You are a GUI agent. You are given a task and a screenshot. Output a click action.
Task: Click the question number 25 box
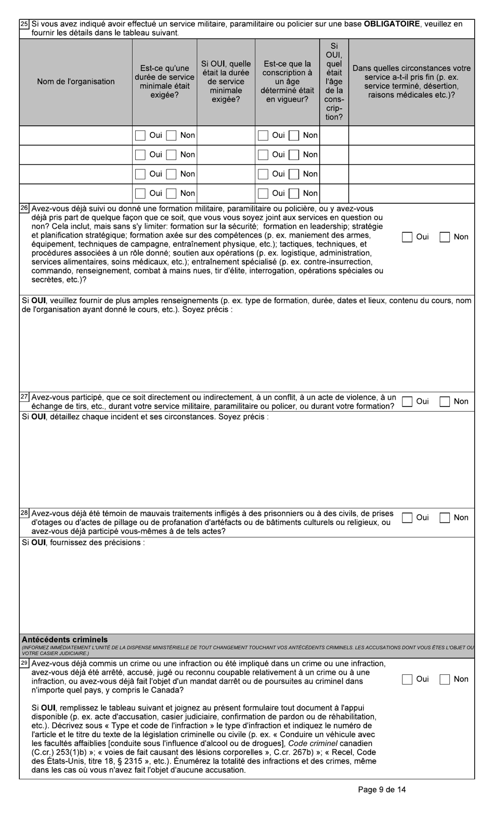[24, 24]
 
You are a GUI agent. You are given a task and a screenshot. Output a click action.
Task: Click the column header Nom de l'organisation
[76, 82]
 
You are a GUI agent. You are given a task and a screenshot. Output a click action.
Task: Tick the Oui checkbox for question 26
[407, 237]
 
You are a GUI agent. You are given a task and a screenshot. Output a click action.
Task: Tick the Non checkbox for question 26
[445, 237]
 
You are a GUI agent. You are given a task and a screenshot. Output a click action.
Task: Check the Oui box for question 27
[407, 401]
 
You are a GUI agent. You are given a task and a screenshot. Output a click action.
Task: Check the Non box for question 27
[445, 401]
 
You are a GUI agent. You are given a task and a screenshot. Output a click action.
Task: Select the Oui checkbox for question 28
[407, 518]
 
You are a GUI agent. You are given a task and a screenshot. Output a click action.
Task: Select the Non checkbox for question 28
[445, 518]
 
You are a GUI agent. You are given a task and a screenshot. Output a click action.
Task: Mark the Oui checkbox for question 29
[407, 679]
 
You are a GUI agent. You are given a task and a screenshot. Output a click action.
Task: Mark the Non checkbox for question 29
[445, 679]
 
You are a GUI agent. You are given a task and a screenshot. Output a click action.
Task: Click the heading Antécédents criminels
[65, 639]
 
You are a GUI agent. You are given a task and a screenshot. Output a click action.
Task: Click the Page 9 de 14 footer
[382, 790]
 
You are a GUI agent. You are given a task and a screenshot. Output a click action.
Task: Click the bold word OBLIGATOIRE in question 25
[392, 24]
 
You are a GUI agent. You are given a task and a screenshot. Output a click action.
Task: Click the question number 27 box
[24, 397]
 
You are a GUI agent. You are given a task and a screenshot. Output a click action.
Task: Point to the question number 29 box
[24, 663]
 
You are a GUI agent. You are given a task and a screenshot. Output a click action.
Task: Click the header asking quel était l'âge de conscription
[334, 82]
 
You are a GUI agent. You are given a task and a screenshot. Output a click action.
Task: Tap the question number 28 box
[24, 513]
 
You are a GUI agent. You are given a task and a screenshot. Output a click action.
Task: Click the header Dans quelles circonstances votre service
[411, 82]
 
